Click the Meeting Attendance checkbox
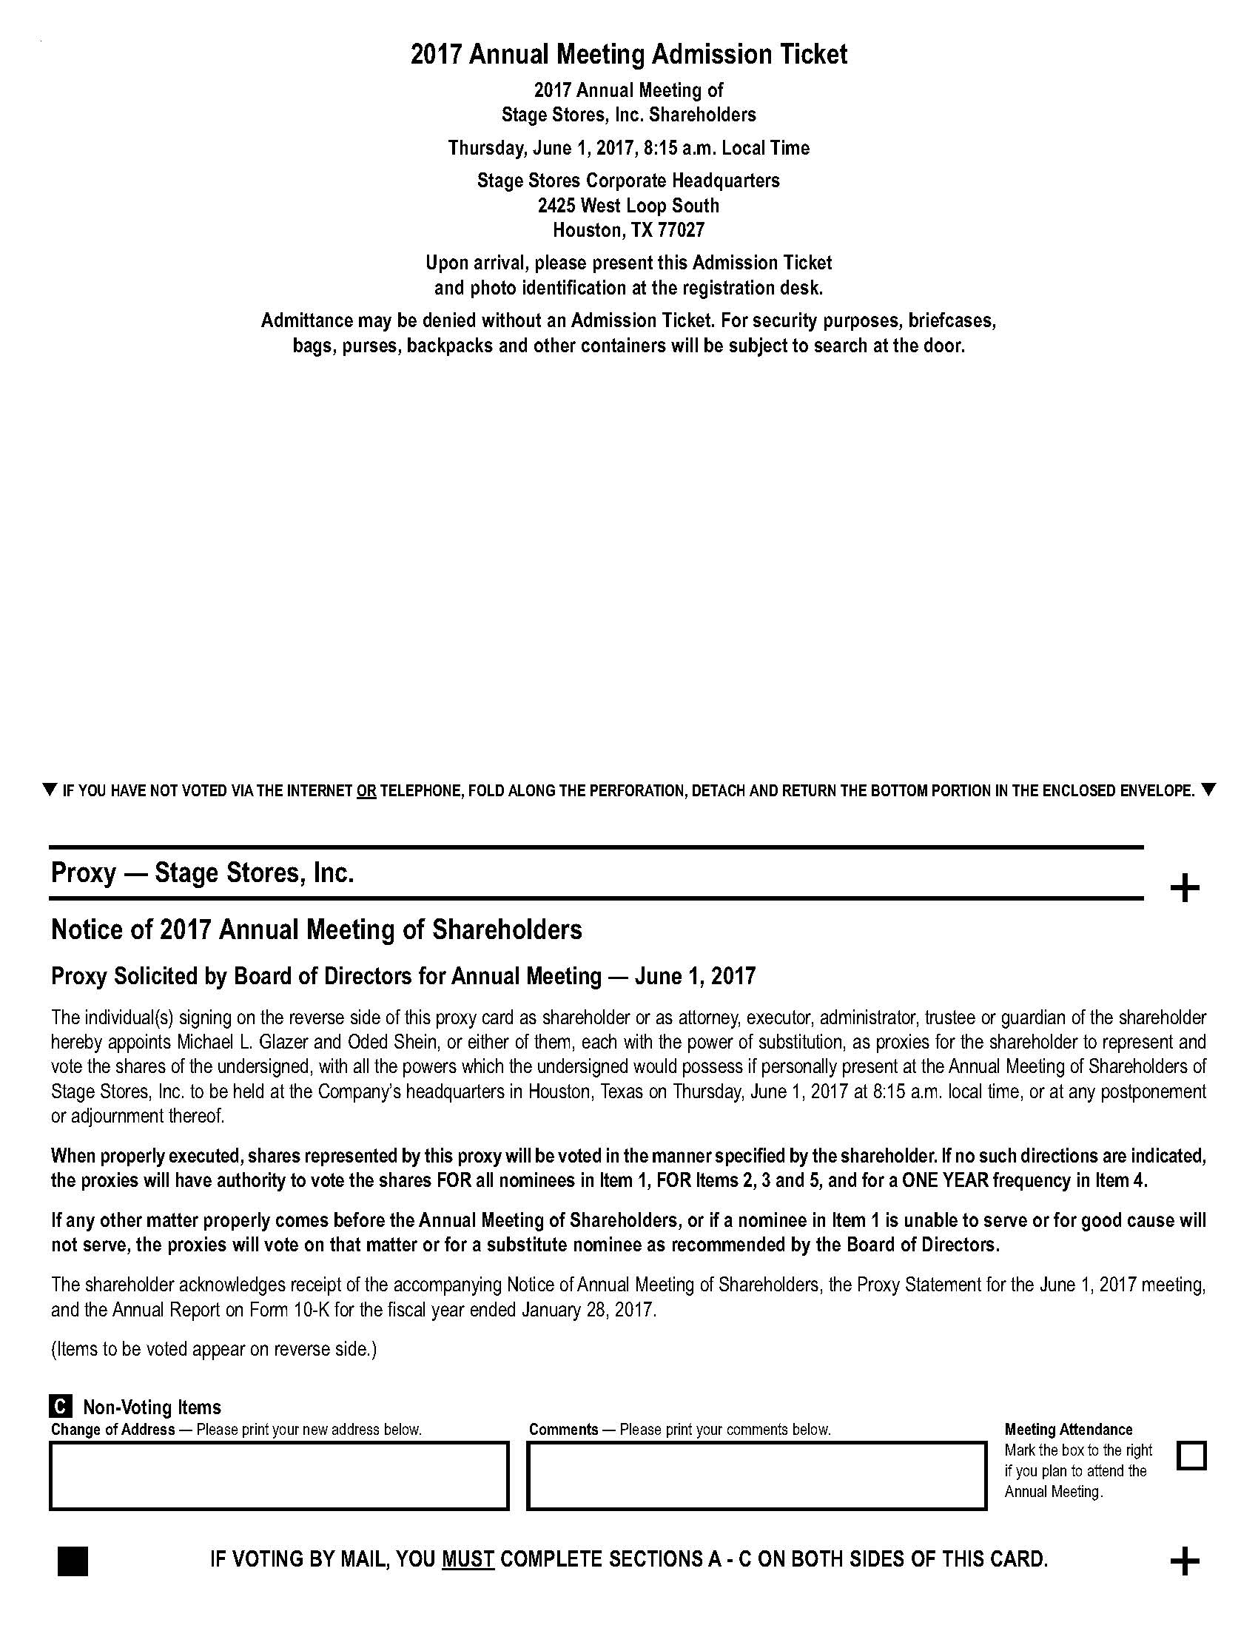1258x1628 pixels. click(1191, 1454)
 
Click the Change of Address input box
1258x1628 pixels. click(279, 1475)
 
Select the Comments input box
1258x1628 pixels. click(756, 1475)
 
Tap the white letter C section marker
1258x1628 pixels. click(61, 1407)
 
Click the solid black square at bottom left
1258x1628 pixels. click(73, 1561)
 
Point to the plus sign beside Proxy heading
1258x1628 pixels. click(1184, 888)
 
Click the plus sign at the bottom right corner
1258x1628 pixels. click(1184, 1561)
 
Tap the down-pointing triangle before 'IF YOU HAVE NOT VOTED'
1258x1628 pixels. click(50, 790)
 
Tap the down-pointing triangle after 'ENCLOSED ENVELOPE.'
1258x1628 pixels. click(1208, 790)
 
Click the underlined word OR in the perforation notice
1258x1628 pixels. click(366, 791)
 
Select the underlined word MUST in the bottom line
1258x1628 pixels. click(468, 1558)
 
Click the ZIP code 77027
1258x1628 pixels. click(680, 230)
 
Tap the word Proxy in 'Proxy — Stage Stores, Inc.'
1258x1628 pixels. click(83, 873)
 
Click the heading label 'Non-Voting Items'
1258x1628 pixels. click(152, 1407)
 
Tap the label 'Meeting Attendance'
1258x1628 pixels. click(1068, 1429)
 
